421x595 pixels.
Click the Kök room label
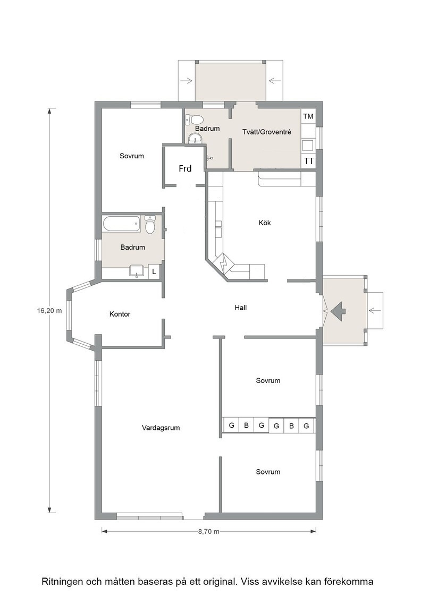coord(265,223)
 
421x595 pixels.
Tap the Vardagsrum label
coord(161,428)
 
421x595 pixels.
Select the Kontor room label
coord(120,314)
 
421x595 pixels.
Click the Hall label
coord(241,308)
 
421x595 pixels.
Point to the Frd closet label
coord(185,168)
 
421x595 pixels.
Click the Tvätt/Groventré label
coord(267,132)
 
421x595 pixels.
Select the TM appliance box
coord(309,116)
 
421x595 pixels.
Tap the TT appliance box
coord(309,161)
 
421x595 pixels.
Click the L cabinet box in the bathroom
coord(154,271)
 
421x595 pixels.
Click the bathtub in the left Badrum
coord(122,223)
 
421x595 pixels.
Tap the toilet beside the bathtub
coord(151,224)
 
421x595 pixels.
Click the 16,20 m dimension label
coord(49,310)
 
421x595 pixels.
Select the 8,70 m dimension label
coord(209,531)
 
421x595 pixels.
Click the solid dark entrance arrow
coord(338,311)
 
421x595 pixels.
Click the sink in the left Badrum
coord(136,271)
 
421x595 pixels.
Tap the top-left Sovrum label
coord(132,156)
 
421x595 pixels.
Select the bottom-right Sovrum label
coord(268,472)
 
